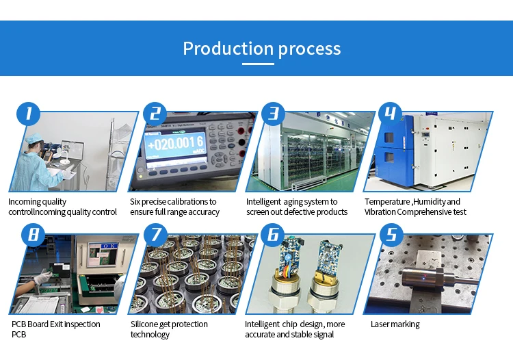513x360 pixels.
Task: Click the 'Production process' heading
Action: [x=261, y=49]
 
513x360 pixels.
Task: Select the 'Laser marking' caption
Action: [x=395, y=324]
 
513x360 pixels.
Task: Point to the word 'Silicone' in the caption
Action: [x=146, y=324]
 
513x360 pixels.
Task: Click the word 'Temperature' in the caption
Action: [x=387, y=202]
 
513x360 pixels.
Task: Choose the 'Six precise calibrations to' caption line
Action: [x=173, y=202]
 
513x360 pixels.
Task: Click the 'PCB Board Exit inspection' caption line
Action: [x=56, y=324]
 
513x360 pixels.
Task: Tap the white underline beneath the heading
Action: [x=259, y=64]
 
